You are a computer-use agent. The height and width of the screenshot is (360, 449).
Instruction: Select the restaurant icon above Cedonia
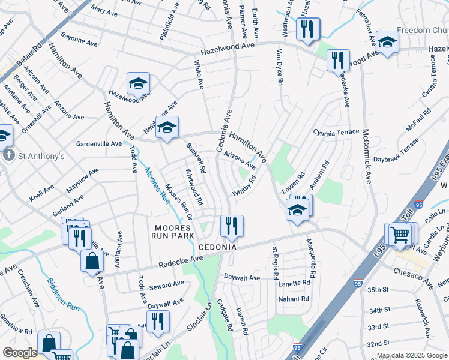click(232, 226)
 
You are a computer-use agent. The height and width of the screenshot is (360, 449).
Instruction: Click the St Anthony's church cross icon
click(9, 156)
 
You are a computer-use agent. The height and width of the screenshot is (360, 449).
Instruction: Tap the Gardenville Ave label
click(99, 144)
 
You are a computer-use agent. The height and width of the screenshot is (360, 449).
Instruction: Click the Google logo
click(20, 353)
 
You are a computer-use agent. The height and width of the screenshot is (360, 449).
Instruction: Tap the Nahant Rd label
click(294, 299)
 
